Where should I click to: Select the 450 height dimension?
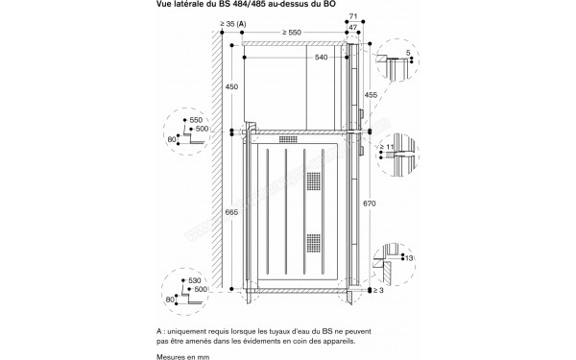(x=230, y=86)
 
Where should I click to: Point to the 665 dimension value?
(x=230, y=211)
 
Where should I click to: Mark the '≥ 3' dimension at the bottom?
(x=378, y=289)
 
